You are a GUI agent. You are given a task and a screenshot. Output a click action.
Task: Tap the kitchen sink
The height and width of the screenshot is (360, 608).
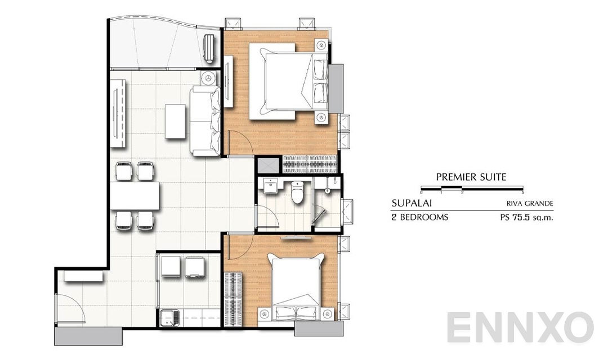167,318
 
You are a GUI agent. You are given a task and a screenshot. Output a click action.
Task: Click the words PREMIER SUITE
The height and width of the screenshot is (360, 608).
471,177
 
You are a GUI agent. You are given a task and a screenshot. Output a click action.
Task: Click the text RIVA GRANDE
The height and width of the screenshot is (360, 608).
526,204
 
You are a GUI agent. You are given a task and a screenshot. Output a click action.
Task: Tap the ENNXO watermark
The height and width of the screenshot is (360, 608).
520,327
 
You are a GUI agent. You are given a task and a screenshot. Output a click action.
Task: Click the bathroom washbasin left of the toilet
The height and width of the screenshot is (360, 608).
271,187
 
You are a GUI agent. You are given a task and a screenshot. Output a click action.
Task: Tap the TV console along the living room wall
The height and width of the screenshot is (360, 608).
119,113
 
